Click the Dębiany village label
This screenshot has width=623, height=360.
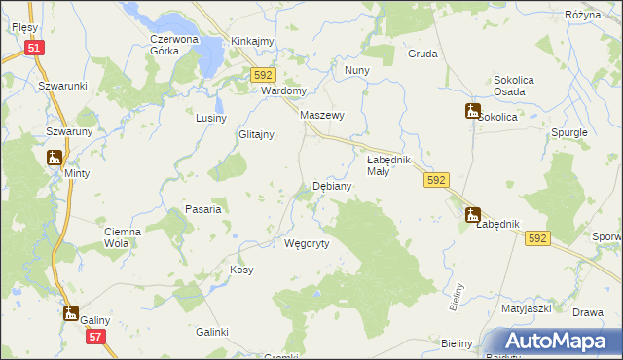(330, 185)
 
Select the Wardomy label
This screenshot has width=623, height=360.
(284, 90)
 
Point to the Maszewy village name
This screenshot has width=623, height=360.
(323, 115)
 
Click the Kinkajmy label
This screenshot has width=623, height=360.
(252, 41)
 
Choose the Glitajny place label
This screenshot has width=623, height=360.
(256, 135)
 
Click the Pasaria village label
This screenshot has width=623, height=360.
(204, 209)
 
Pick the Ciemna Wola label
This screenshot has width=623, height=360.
(124, 237)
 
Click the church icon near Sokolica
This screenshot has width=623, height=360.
(472, 112)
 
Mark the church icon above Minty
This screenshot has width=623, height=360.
(54, 158)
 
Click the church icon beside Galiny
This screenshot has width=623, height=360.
(70, 313)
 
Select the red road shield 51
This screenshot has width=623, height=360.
(34, 47)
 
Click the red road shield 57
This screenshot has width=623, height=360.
(94, 337)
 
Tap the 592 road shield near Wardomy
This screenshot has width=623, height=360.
(264, 75)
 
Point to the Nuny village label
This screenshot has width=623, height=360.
(356, 71)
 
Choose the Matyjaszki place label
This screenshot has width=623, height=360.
(527, 309)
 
